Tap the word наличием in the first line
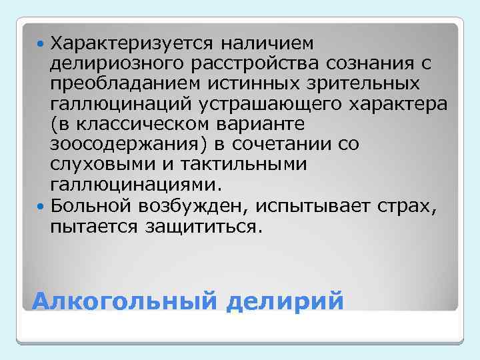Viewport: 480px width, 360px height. pyautogui.click(x=265, y=43)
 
